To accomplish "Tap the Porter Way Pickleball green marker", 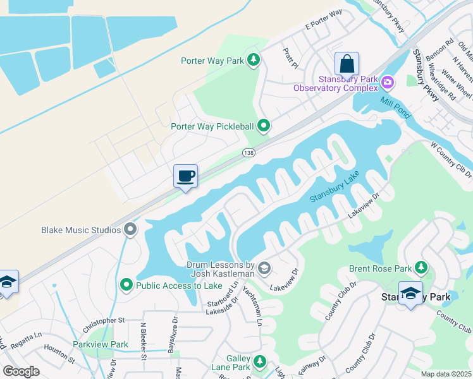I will (264, 126).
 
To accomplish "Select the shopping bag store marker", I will (347, 64).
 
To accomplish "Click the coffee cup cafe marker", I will (185, 176).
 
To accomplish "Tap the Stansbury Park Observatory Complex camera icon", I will (388, 81).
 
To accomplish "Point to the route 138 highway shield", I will (248, 153).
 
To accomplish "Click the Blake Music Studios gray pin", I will (131, 229).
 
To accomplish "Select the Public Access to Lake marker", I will (126, 285).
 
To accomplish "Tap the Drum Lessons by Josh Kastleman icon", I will (265, 270).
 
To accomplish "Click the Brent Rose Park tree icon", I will (421, 268).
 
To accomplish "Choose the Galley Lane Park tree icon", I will (259, 361).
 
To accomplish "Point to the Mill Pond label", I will (395, 107).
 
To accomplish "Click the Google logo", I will (21, 371).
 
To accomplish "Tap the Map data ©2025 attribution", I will (445, 374).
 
